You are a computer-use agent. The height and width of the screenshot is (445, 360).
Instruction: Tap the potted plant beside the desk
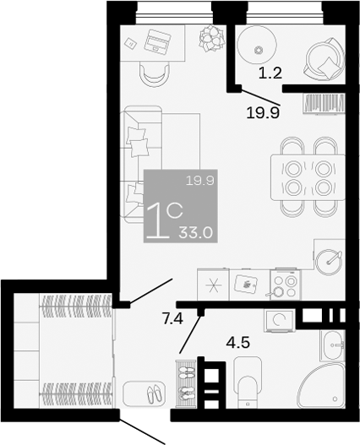[x=209, y=38]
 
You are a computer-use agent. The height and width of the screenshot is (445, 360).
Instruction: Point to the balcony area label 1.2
[x=270, y=73]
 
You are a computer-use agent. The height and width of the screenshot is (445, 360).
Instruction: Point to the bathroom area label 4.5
[x=240, y=343]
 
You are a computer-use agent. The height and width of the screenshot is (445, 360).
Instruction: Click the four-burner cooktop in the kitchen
[x=284, y=285]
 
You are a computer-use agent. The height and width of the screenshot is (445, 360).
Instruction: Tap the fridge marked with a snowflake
[x=213, y=284]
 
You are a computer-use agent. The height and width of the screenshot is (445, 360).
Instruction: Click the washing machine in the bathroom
[x=278, y=320]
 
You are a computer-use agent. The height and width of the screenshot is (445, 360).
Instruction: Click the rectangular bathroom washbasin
[x=334, y=345]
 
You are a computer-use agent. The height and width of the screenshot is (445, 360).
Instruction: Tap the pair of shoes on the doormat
[x=153, y=394]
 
